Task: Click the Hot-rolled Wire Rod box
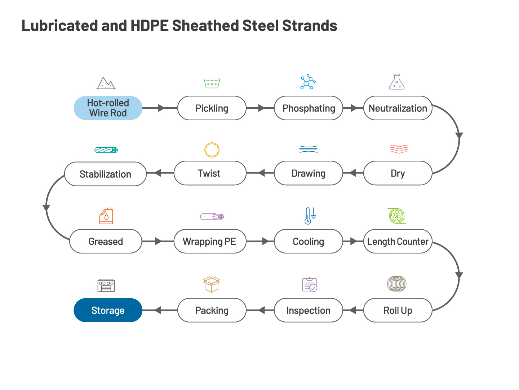(108, 108)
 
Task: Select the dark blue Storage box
(108, 310)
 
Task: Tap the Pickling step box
(212, 108)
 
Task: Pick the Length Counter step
(398, 241)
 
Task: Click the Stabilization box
(106, 174)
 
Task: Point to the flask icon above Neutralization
(396, 82)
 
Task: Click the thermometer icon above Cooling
(310, 216)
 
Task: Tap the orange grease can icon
(106, 216)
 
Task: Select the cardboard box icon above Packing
(211, 284)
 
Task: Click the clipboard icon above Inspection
(310, 285)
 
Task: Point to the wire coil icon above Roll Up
(396, 284)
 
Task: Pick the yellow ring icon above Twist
(212, 150)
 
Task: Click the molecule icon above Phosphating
(308, 82)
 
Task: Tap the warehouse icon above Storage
(106, 285)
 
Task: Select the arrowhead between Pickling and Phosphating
(261, 108)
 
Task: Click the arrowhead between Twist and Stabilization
(158, 173)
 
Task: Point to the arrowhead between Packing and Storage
(158, 310)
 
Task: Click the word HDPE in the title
(150, 25)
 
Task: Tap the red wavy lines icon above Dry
(399, 149)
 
